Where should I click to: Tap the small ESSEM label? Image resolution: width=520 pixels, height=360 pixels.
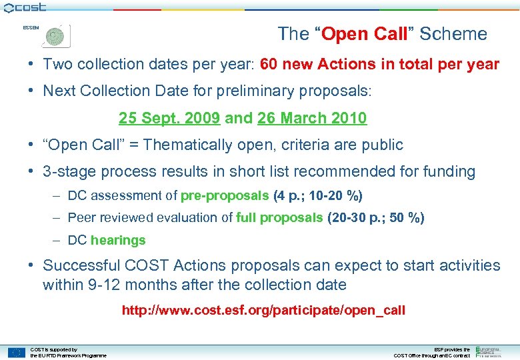pyautogui.click(x=31, y=28)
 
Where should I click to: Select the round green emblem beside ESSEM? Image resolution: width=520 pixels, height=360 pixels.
pyautogui.click(x=56, y=36)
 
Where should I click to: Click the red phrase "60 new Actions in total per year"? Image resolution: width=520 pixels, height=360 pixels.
pyautogui.click(x=379, y=65)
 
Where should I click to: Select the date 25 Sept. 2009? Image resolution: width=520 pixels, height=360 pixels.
pyautogui.click(x=169, y=119)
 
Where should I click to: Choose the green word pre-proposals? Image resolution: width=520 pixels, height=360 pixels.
pyautogui.click(x=225, y=196)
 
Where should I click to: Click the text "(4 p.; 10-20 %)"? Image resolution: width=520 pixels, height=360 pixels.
pyautogui.click(x=319, y=196)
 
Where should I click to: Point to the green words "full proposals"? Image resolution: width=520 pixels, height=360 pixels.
pyautogui.click(x=280, y=218)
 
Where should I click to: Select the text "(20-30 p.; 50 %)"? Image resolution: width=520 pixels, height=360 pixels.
pyautogui.click(x=376, y=218)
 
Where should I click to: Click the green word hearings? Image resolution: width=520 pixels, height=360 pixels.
pyautogui.click(x=118, y=240)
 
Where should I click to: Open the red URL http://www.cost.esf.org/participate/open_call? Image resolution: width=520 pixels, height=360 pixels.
pyautogui.click(x=263, y=311)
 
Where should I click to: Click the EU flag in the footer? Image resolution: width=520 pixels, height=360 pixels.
pyautogui.click(x=16, y=352)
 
